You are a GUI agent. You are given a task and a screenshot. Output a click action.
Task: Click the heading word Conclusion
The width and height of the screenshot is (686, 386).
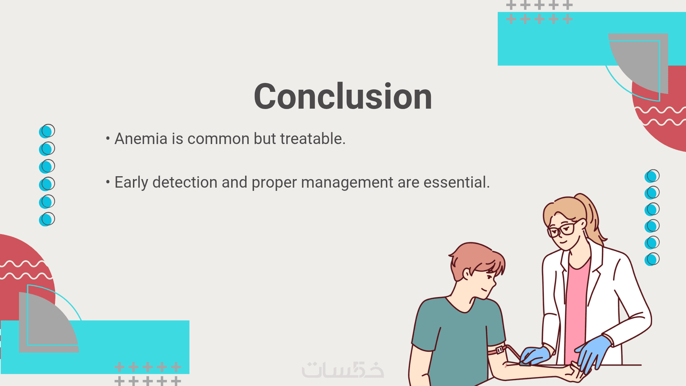pos(343,96)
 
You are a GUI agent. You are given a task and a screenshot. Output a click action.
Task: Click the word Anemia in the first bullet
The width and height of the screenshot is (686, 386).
pos(141,139)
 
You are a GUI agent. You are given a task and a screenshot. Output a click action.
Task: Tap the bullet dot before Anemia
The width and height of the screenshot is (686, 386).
pos(108,138)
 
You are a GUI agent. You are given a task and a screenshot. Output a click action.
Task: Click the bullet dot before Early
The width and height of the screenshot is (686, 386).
pos(108,182)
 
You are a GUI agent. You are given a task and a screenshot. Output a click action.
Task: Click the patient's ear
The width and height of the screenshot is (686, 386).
pos(467,274)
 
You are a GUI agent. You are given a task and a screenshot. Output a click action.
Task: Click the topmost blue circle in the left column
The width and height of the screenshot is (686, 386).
pos(47,131)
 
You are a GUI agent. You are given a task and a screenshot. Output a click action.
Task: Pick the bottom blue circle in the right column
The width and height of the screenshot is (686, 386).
pos(652,259)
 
